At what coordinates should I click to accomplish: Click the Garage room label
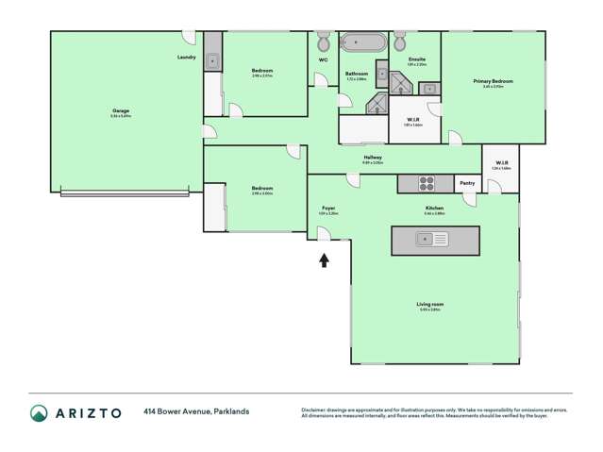pos(121,110)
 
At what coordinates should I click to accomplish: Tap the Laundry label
pos(186,58)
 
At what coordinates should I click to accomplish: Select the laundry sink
pos(213,60)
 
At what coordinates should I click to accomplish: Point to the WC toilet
pos(324,42)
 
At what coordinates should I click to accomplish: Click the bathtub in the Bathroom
pos(363,42)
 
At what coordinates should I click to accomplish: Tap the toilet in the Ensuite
pos(399,42)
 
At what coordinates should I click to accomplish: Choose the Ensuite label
pos(416,59)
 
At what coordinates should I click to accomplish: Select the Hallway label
pos(372,158)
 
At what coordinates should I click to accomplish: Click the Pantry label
pos(467,184)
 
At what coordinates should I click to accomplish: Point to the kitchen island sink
pos(435,240)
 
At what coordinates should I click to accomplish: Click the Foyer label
pos(328,208)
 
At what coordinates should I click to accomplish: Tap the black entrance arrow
pos(324,259)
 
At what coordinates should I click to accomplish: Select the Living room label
pos(430,304)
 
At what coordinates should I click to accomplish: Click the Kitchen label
pos(434,208)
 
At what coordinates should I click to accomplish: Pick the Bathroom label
pos(356,74)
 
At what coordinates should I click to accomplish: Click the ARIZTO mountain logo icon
pos(39,412)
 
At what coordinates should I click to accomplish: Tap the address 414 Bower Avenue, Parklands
pos(196,412)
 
